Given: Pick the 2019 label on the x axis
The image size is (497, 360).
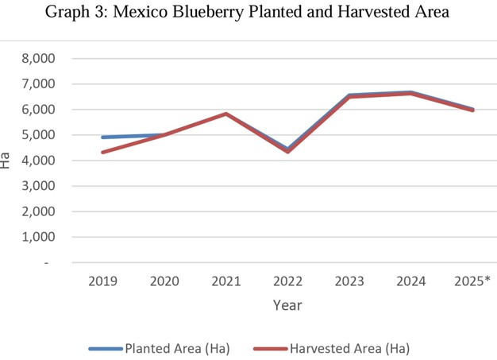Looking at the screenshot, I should (x=102, y=281).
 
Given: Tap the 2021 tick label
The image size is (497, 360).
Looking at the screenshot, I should (x=226, y=281).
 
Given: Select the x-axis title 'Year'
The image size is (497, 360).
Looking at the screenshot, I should (x=287, y=305).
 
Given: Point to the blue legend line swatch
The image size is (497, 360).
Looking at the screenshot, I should (x=106, y=348).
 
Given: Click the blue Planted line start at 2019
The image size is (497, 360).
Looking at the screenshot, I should (x=102, y=137).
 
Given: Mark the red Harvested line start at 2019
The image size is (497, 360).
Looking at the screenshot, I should (x=102, y=153).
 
